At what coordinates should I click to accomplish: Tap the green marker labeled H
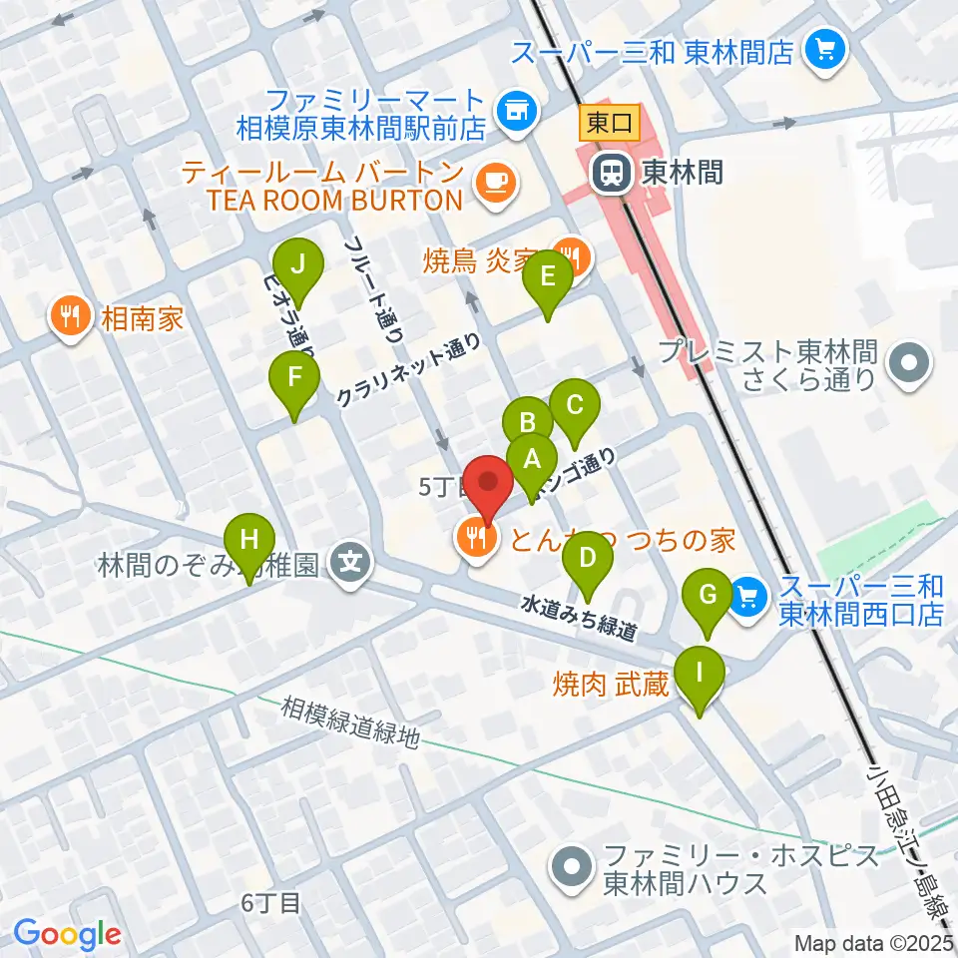pyautogui.click(x=249, y=542)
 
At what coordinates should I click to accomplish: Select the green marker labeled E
pyautogui.click(x=548, y=276)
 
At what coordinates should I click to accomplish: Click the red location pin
pyautogui.click(x=489, y=484)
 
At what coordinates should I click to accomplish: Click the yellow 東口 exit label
pyautogui.click(x=605, y=125)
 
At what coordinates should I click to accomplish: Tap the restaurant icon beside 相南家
pyautogui.click(x=69, y=318)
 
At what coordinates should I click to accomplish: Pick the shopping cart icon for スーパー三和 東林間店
pyautogui.click(x=825, y=46)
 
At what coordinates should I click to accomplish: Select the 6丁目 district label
pyautogui.click(x=270, y=903)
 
